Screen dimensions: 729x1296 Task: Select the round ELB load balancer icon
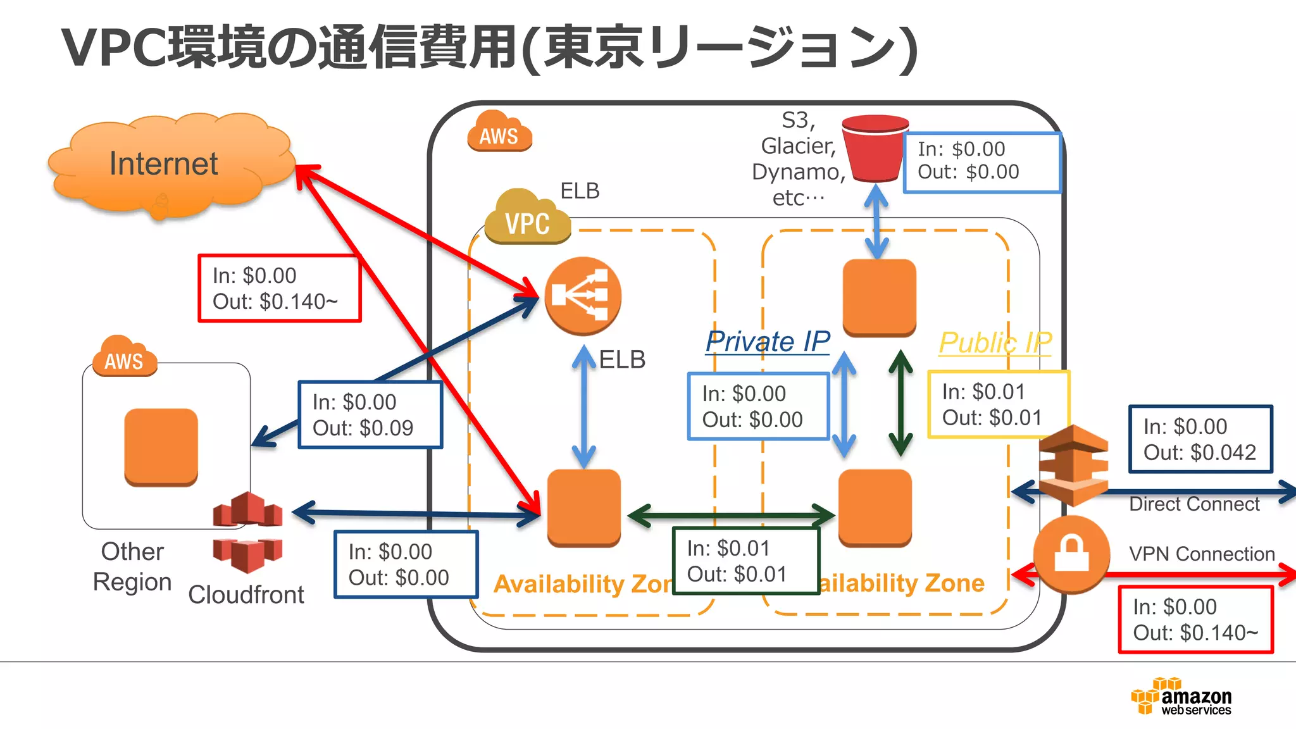click(583, 296)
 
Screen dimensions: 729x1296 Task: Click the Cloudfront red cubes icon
click(247, 532)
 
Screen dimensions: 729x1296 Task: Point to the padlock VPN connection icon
click(1071, 554)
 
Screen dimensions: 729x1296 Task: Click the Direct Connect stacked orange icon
click(1073, 465)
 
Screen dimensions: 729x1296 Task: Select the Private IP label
click(768, 342)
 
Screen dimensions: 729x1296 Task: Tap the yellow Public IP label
click(995, 343)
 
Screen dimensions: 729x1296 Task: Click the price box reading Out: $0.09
click(370, 415)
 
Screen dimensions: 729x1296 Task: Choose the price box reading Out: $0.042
click(1200, 439)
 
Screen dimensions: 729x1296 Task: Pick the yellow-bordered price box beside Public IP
click(998, 404)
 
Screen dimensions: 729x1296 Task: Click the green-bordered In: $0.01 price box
click(745, 561)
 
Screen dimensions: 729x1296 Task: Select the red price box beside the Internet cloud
click(279, 289)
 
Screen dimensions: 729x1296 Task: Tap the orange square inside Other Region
click(161, 447)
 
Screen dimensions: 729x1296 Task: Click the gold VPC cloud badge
click(527, 218)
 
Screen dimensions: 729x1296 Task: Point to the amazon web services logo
click(1181, 697)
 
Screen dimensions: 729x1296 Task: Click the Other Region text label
click(132, 566)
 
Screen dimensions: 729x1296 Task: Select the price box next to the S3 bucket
click(981, 162)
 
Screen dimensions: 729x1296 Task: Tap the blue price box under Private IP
click(758, 406)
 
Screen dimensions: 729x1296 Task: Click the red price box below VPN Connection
click(1195, 620)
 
